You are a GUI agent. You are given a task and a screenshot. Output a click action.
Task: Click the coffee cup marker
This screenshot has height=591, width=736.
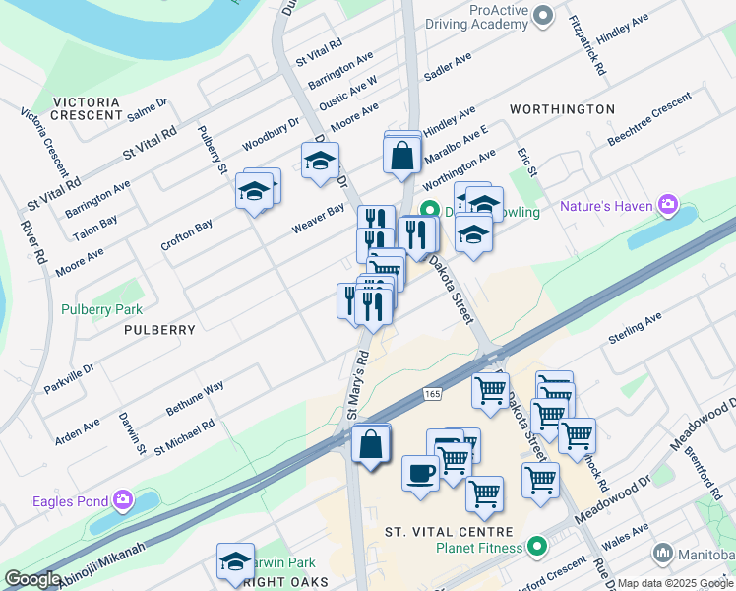[420, 472]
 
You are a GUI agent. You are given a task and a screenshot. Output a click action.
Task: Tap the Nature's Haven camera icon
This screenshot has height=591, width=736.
[669, 206]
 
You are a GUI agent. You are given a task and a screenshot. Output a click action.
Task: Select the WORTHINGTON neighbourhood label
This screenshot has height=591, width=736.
[562, 109]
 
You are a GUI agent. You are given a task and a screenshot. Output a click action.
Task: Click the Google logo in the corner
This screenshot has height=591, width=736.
[32, 579]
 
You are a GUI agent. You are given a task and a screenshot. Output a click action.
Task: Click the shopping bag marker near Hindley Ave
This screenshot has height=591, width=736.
[402, 156]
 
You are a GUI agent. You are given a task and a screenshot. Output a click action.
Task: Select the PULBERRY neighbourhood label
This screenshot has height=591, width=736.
[159, 330]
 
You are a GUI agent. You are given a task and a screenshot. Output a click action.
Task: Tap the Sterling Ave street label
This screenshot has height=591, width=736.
[637, 325]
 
